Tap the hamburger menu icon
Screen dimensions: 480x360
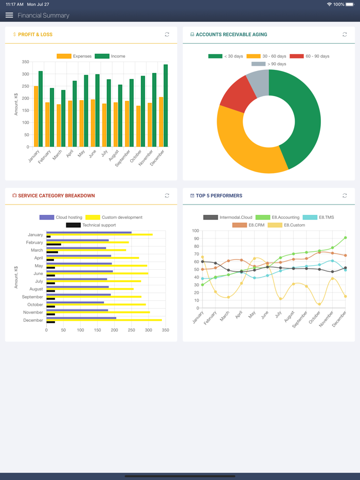[9, 15]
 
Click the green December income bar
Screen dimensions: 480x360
[166, 105]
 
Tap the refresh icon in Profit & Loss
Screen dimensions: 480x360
[167, 34]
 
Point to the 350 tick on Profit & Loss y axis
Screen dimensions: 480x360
[26, 62]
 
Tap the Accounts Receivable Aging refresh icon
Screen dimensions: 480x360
[345, 34]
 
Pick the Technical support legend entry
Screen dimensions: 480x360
[91, 225]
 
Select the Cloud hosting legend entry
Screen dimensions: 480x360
[61, 217]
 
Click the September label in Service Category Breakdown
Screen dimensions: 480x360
[32, 297]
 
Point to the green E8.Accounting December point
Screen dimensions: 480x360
[346, 238]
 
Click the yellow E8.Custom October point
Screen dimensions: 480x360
[319, 304]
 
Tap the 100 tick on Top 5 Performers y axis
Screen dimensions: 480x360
[195, 231]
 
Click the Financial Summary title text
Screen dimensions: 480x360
[43, 15]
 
